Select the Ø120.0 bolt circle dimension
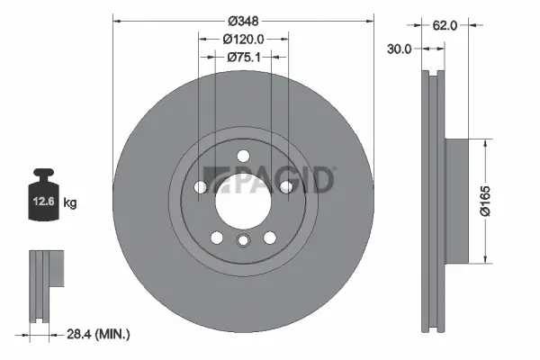coord(243,39)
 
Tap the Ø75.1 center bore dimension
coord(243,57)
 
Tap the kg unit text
coord(70,203)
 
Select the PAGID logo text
coord(270,181)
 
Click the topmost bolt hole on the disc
coord(243,157)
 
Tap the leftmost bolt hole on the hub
coord(201,187)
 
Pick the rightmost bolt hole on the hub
coord(285,187)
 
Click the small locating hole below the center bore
coord(243,240)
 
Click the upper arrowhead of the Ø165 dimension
coord(486,142)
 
